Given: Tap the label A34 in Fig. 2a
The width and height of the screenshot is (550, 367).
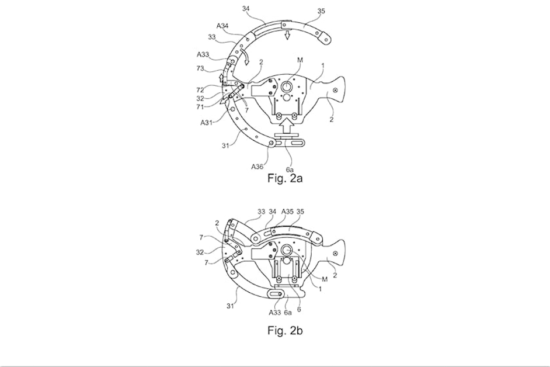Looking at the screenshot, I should point(222,26).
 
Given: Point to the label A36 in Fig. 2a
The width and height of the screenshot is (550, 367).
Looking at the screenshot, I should point(257,167).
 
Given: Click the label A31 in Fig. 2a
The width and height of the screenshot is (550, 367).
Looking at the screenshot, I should point(207,122).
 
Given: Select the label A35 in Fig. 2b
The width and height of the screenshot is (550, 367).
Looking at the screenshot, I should point(287,212).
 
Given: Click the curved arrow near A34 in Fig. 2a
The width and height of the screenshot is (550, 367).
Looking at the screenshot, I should point(247,56).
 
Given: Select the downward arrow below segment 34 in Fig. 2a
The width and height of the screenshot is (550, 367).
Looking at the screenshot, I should point(286,36).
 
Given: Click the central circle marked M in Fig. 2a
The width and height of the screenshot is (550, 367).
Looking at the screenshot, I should point(288,87).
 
